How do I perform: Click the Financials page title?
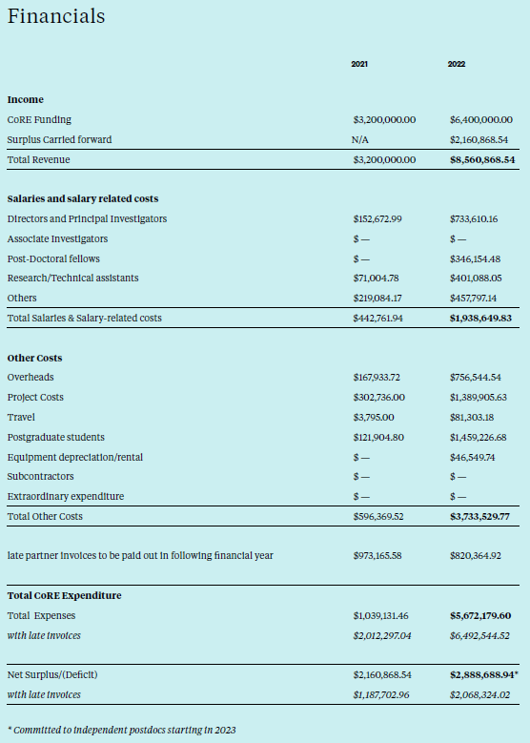pos(56,17)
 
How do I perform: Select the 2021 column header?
pos(359,64)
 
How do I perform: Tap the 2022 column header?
pos(456,64)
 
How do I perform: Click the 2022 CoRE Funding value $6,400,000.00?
pos(481,120)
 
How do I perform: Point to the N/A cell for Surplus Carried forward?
pos(359,139)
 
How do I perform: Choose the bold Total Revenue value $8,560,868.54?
pos(481,159)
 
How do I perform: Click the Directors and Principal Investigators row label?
pos(87,218)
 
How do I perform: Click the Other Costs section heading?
pos(35,358)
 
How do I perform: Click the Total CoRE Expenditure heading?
pos(64,595)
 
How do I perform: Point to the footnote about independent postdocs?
pos(121,730)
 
